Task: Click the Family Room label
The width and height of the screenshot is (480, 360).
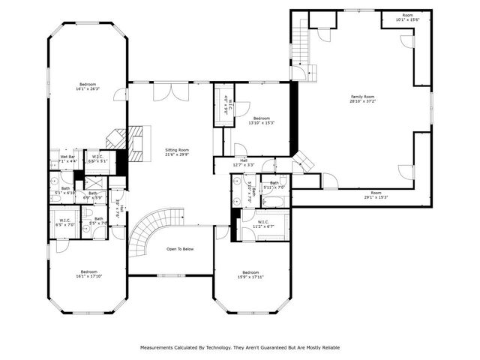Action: click(361, 99)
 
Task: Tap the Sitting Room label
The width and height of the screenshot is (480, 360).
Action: click(177, 152)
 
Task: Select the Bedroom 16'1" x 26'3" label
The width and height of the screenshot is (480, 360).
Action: click(88, 86)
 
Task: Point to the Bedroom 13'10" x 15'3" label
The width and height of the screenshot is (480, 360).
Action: click(261, 120)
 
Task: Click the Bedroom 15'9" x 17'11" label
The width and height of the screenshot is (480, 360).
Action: click(250, 274)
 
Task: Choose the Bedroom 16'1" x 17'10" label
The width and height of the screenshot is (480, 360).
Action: click(88, 274)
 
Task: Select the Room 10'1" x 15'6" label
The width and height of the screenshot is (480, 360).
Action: click(407, 17)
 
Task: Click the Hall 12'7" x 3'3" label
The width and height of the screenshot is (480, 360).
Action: click(244, 162)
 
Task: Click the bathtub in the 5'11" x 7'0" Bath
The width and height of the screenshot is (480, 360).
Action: click(274, 202)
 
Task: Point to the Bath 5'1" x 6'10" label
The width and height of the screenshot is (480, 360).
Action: click(65, 190)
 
